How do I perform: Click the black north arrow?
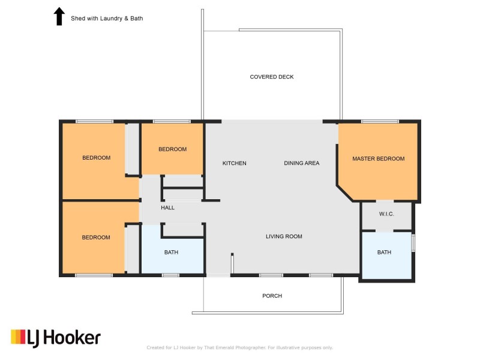coord(59,17)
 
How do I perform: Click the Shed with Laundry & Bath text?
coord(107,19)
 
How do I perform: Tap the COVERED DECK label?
coord(272,77)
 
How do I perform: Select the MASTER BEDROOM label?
coord(379,158)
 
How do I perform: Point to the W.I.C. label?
coord(386,214)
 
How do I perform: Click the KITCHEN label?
coord(234,163)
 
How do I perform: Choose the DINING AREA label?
coord(302,163)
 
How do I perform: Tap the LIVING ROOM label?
coord(284,236)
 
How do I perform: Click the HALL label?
coord(168,208)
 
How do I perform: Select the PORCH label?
coord(272,296)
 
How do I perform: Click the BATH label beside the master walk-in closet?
coord(384,252)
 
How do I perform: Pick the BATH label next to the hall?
coord(171,252)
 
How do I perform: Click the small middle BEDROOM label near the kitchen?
coord(172,149)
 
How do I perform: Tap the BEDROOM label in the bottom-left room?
coord(96,237)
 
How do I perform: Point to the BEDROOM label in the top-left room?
coord(97,158)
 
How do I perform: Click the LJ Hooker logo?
coord(56,338)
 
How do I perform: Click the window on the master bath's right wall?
coord(413,243)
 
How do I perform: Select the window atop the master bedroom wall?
coord(380,122)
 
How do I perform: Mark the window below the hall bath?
coord(170,275)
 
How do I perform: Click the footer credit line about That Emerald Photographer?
coord(239,347)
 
